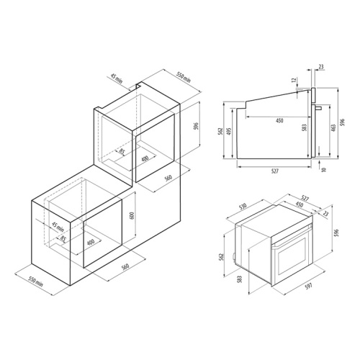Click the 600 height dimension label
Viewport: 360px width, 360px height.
click(132, 216)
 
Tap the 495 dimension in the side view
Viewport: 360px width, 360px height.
click(229, 131)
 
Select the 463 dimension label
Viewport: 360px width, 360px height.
click(333, 127)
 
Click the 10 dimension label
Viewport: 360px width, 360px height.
click(324, 169)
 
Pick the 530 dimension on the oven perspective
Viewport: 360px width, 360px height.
click(243, 207)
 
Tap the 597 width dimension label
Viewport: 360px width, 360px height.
click(309, 286)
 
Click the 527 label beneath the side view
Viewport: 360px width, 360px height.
click(275, 171)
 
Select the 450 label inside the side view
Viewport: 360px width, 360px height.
click(279, 120)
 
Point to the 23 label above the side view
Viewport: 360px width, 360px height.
click(321, 66)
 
